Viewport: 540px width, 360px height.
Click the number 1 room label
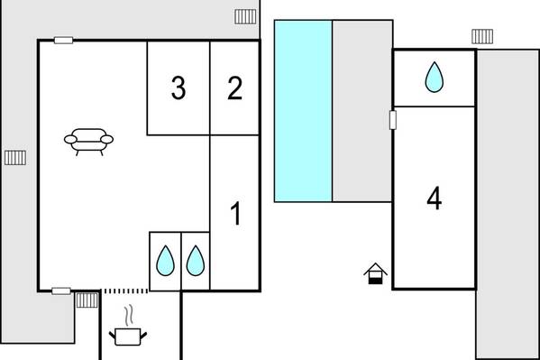(236, 213)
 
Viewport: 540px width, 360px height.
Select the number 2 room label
(235, 88)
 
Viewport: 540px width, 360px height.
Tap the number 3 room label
(178, 88)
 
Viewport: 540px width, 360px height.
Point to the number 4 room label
(435, 198)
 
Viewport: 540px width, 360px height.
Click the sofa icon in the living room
(89, 142)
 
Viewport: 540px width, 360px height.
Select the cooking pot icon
(128, 337)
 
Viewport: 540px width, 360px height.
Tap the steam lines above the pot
(129, 315)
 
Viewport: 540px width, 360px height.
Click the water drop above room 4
(435, 78)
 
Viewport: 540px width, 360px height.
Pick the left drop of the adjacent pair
(165, 261)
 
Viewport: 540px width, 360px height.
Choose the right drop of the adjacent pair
(196, 261)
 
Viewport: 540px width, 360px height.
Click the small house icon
(375, 273)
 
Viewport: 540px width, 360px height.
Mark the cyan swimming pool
(303, 111)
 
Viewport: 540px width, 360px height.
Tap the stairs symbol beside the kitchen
(87, 300)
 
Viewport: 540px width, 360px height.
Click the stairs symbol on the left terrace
(15, 158)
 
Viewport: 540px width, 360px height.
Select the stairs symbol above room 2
(245, 16)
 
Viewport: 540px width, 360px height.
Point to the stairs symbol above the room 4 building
(482, 37)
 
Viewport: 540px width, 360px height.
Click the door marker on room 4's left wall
(392, 120)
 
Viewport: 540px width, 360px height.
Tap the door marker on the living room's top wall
(63, 41)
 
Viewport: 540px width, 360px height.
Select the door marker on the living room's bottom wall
(61, 291)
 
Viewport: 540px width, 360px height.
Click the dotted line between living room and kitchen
(125, 291)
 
